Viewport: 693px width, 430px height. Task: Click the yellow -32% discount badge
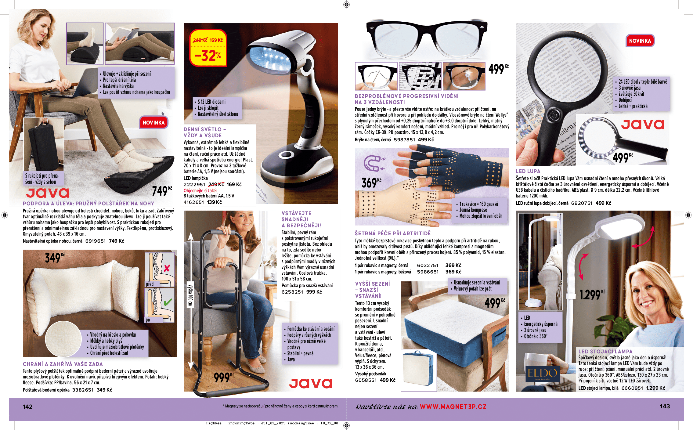pos(208,48)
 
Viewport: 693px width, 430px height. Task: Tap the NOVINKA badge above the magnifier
pos(640,41)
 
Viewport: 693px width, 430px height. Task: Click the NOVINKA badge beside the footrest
pos(153,122)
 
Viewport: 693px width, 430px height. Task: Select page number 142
pos(28,407)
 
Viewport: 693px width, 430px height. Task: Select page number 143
pos(665,407)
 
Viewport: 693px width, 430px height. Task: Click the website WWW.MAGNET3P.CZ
pos(453,407)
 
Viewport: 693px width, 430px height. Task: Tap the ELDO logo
pos(543,374)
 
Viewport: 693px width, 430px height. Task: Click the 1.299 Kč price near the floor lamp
pos(592,294)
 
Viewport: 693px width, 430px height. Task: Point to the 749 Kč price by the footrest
pos(162,191)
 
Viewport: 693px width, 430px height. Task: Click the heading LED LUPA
pos(528,171)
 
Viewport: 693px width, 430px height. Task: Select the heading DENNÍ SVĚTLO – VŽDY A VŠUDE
pos(205,132)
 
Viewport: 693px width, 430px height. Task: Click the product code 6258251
pos(292,292)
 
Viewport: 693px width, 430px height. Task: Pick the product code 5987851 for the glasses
pos(404,140)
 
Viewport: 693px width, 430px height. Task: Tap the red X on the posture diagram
pos(167,268)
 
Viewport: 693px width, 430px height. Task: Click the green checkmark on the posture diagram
pos(168,302)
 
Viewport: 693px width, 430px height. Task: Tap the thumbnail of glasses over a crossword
pos(420,76)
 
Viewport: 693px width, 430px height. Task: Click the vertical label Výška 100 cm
pos(190,295)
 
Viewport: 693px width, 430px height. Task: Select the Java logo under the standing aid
pos(311,383)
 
